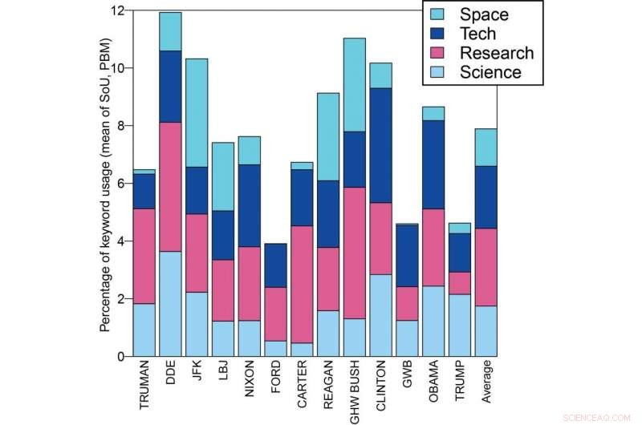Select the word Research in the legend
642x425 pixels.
[496, 53]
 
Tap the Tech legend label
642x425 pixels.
[477, 34]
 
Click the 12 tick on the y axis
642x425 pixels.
[117, 10]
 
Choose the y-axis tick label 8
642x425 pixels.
[120, 126]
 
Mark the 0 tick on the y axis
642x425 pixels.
[120, 356]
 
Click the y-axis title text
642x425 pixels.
[104, 183]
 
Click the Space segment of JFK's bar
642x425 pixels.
[197, 112]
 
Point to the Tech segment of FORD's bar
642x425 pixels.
[276, 265]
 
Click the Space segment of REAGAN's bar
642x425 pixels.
[329, 136]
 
